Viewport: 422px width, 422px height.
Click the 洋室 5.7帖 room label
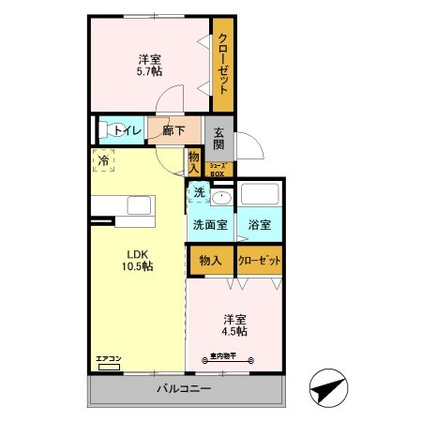[149, 63]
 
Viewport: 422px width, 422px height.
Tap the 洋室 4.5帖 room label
[234, 324]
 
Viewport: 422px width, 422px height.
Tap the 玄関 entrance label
[218, 139]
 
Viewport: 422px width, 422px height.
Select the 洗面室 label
[209, 225]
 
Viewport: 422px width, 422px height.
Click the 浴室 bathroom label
[260, 225]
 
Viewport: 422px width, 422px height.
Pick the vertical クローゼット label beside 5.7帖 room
[224, 63]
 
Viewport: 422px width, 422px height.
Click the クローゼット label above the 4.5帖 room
[260, 260]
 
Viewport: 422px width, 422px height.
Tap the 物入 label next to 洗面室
[210, 260]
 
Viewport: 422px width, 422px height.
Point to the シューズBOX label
[217, 170]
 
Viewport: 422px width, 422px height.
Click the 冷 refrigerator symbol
[103, 160]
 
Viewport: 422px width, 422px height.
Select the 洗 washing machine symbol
[199, 193]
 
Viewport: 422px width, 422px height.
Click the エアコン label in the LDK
[108, 358]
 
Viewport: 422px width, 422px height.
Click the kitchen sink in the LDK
[138, 205]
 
